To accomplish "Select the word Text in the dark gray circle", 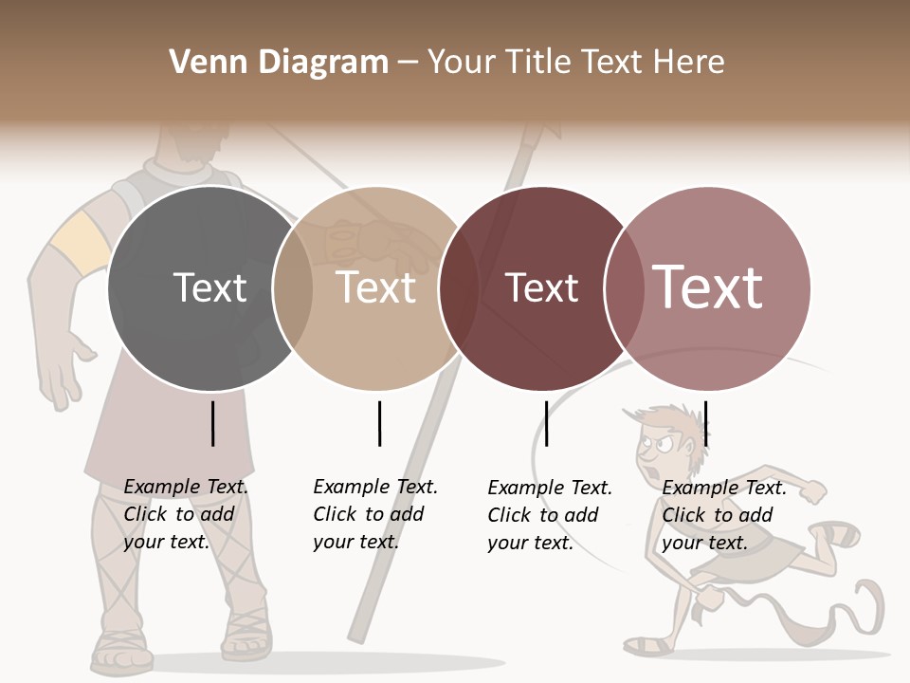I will (x=209, y=287).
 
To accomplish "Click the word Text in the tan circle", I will (x=376, y=287).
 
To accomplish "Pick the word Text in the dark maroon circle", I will (x=541, y=287).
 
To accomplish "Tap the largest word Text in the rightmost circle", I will (x=708, y=287).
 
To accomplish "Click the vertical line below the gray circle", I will (x=212, y=423).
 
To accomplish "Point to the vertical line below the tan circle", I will (x=379, y=423).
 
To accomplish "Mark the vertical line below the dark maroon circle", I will (x=546, y=423).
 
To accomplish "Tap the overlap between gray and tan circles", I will (x=293, y=288).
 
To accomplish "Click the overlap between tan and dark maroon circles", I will (x=459, y=288).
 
